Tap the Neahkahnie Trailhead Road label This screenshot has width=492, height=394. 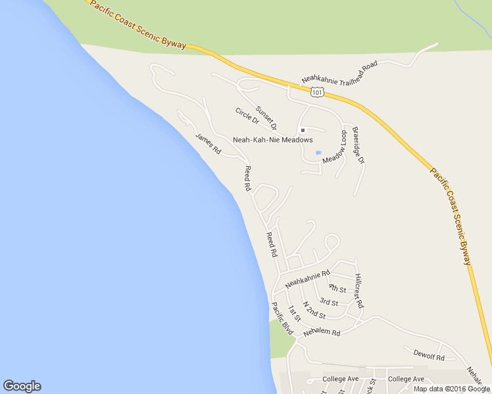tap(339, 73)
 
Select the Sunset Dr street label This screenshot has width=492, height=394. tap(266, 117)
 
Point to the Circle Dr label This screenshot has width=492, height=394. tap(247, 116)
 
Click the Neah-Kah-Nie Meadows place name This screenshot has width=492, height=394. tap(272, 140)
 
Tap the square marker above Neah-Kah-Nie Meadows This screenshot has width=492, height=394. tap(303, 130)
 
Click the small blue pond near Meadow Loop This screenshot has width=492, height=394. tap(318, 153)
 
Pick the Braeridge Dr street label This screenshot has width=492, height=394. tap(358, 145)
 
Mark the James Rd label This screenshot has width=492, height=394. tap(208, 143)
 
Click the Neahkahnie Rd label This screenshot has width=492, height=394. tap(307, 278)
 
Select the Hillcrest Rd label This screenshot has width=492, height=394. tap(358, 291)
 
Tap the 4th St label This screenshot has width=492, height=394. tap(337, 288)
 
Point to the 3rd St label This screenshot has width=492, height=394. tap(329, 302)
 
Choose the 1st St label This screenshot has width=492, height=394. tap(293, 313)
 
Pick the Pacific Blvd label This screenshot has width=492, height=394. tap(282, 318)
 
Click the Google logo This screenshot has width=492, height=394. tap(22, 386)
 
